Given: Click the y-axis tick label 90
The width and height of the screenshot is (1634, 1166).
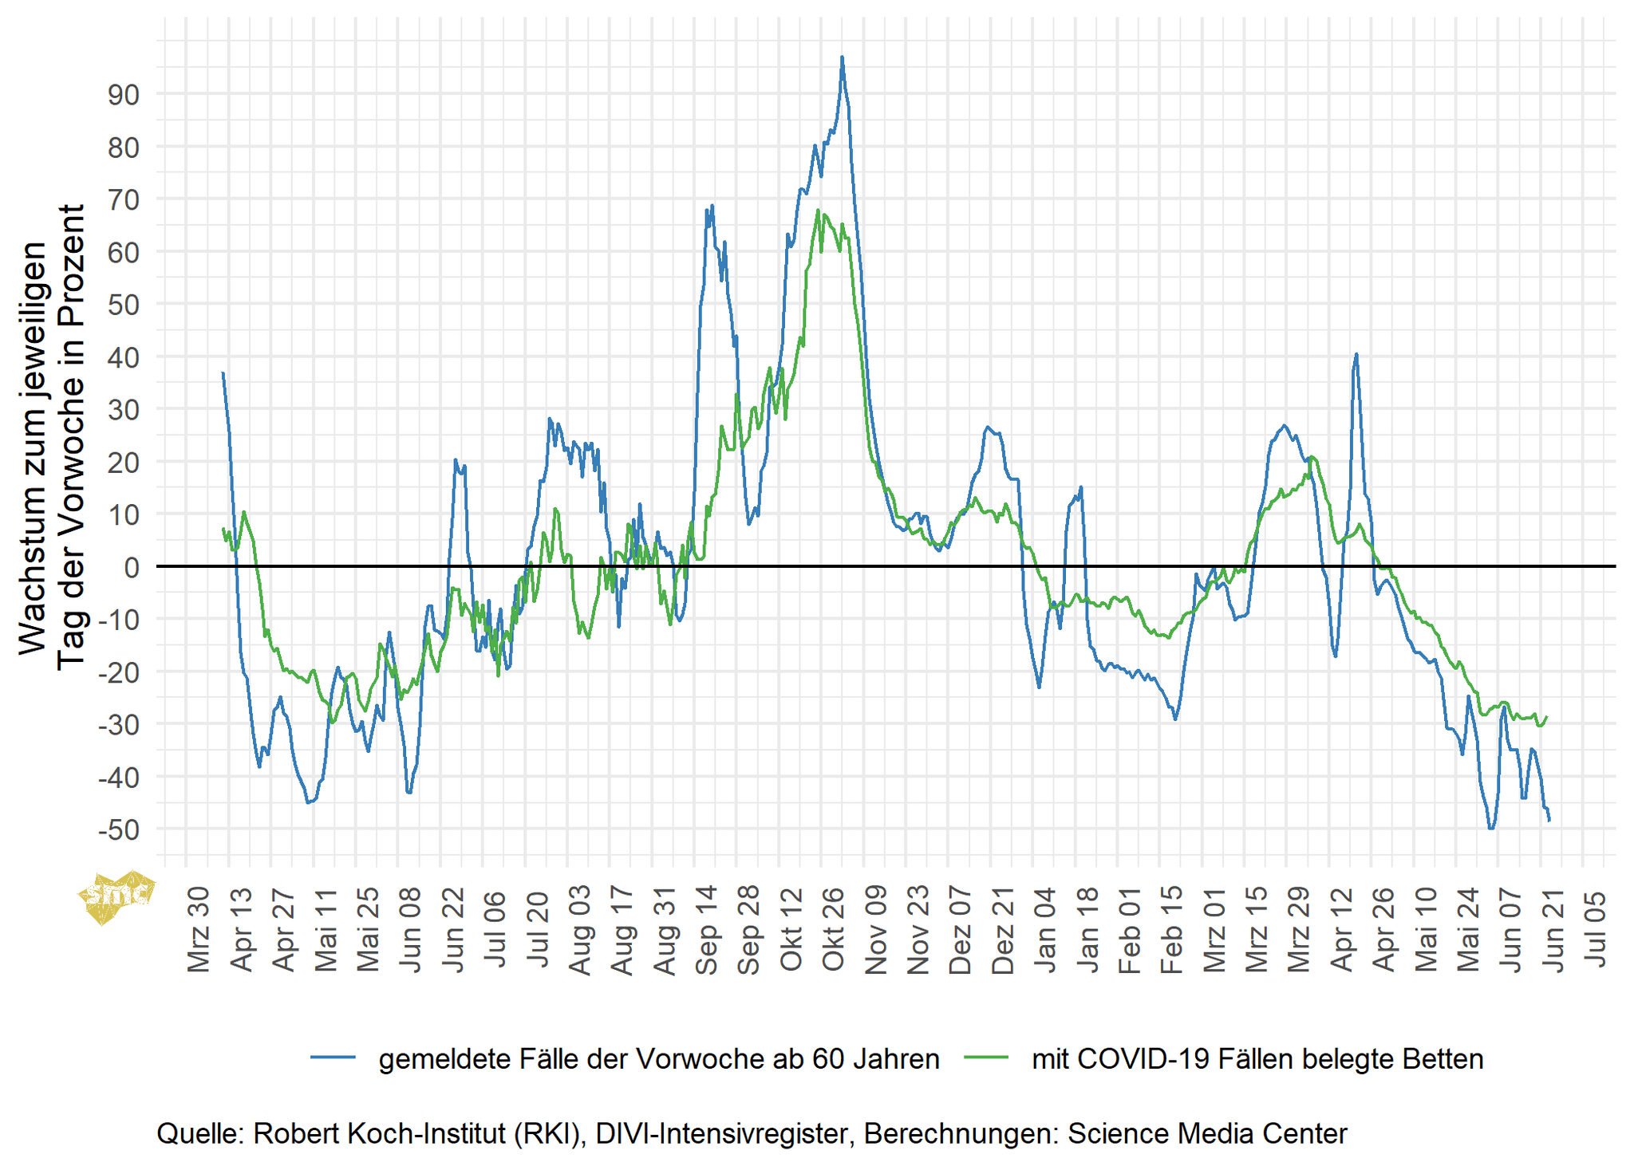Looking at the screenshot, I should [123, 95].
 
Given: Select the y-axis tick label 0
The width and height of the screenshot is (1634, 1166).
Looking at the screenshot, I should [131, 567].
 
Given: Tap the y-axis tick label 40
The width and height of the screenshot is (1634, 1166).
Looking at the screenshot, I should [123, 357].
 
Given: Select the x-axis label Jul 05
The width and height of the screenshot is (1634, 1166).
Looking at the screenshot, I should [1595, 931].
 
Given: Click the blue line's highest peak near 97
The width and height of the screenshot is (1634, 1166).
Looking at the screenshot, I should [842, 57].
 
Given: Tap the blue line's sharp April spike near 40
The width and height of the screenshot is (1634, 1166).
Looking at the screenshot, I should [1356, 354].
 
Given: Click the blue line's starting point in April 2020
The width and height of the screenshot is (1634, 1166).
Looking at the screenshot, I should [223, 372].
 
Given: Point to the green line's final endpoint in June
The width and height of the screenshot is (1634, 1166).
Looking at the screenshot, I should [1547, 716].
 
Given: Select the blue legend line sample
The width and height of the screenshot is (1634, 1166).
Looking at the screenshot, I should [334, 1058].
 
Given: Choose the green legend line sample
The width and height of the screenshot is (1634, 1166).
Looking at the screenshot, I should [987, 1058].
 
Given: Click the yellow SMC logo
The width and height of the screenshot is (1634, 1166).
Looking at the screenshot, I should [116, 896].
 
